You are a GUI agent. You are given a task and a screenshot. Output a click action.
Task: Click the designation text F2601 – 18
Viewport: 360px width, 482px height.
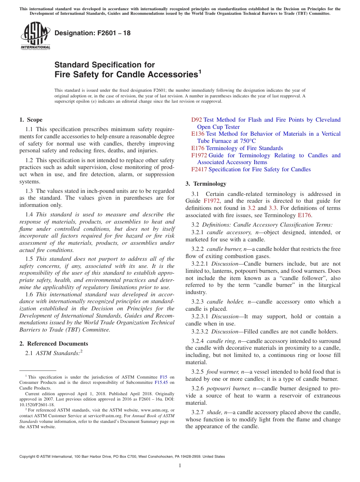pyautogui.click(x=92, y=33)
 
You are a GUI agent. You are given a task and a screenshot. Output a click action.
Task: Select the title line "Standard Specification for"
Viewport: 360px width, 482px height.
pyautogui.click(x=105, y=65)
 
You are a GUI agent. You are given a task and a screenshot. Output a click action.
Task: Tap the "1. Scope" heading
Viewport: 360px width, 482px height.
pyautogui.click(x=31, y=120)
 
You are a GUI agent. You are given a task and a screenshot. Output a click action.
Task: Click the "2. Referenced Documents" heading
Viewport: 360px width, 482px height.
pyautogui.click(x=54, y=344)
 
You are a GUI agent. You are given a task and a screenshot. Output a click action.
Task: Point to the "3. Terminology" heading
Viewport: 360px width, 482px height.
pyautogui.click(x=206, y=184)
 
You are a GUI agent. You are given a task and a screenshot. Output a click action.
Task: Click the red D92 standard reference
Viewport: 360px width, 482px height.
pyautogui.click(x=196, y=120)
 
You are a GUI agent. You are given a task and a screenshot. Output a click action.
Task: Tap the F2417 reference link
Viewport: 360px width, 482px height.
pyautogui.click(x=199, y=169)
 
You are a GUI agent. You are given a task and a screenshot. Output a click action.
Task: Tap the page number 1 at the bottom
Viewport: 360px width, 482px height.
pyautogui.click(x=180, y=466)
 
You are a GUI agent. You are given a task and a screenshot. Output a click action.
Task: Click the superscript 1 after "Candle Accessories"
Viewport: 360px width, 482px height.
pyautogui.click(x=200, y=71)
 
